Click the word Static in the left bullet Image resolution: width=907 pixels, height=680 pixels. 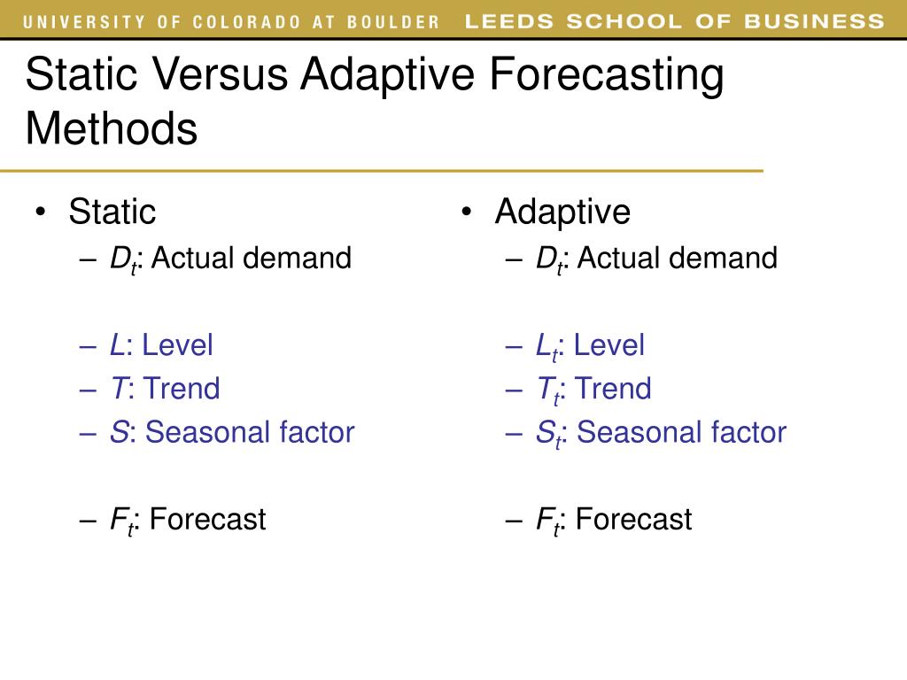[112, 212]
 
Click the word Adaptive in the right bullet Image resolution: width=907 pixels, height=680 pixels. [562, 212]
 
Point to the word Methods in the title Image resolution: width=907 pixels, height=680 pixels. [112, 129]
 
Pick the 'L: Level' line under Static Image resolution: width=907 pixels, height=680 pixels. [161, 345]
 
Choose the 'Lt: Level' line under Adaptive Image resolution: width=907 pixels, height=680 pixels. [590, 345]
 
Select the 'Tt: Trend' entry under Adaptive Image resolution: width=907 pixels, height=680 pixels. [593, 389]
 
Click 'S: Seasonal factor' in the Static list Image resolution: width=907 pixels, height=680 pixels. [232, 432]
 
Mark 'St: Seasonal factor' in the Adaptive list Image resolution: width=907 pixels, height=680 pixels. [661, 432]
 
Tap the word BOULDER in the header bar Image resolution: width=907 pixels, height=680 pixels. [396, 22]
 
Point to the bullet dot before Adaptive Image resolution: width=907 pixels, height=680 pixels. [467, 212]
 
